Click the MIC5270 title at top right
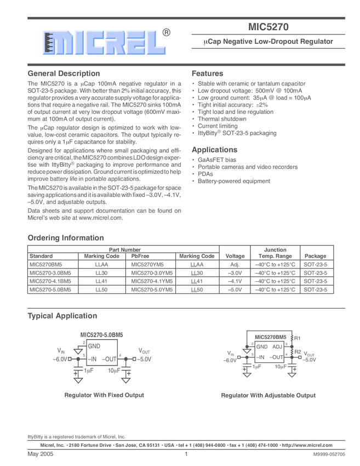point(268,26)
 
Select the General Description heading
point(64,73)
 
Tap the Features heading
point(208,73)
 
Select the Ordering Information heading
point(65,238)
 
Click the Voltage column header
point(235,256)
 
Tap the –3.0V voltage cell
point(235,272)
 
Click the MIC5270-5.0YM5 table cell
point(152,289)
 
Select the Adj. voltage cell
point(235,264)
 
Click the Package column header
point(315,256)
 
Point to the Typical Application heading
point(62,316)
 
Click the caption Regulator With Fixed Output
point(104,395)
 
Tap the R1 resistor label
point(298,338)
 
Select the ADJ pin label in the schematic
point(277,346)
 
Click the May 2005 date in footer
point(39,454)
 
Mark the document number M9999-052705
point(329,454)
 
